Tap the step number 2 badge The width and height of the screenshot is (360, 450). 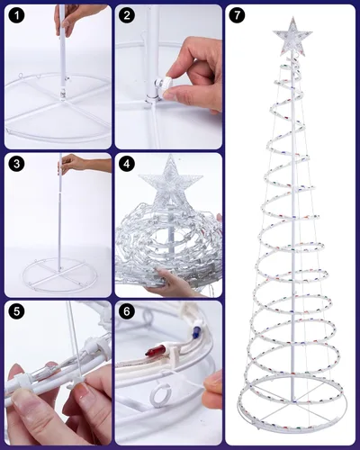pyautogui.click(x=127, y=16)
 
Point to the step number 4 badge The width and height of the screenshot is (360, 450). pyautogui.click(x=127, y=164)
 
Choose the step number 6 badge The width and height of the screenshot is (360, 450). pyautogui.click(x=127, y=312)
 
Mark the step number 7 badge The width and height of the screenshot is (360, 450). pyautogui.click(x=237, y=16)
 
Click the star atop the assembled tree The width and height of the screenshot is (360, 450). pyautogui.click(x=292, y=37)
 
